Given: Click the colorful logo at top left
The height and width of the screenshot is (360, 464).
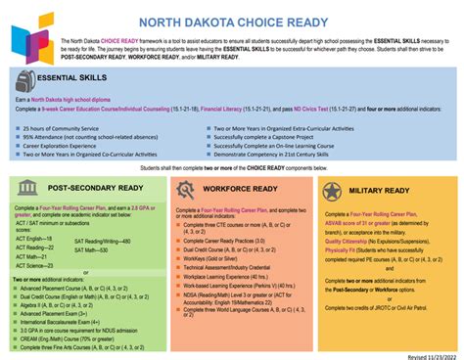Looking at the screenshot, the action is coord(33,38).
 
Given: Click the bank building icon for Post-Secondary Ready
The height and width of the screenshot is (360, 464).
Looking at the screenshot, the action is coord(27,190).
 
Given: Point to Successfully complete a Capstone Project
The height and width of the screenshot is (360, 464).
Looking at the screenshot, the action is coord(271,138).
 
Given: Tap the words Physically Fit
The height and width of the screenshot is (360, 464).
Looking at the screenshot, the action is coord(344,249).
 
